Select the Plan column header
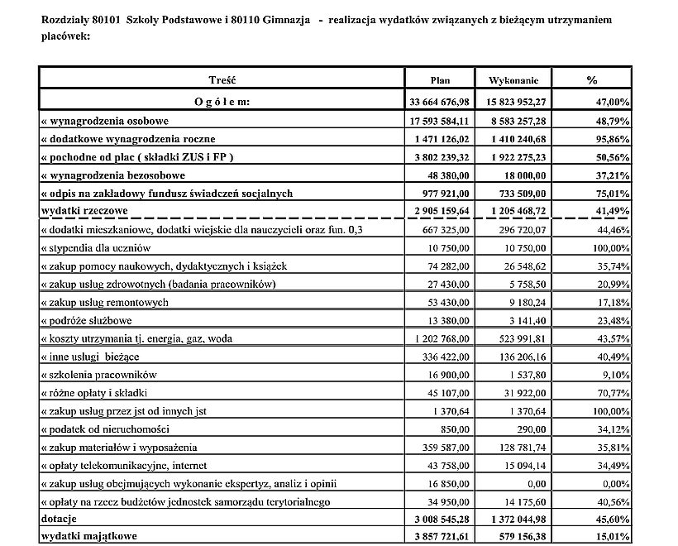(x=440, y=80)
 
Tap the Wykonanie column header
(x=513, y=80)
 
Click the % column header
(x=591, y=80)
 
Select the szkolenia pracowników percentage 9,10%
(x=615, y=374)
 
